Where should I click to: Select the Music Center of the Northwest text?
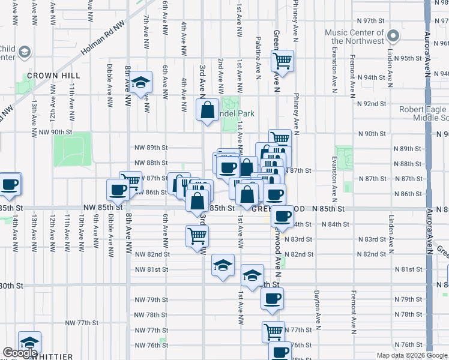click(354, 37)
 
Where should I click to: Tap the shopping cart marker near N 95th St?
click(282, 60)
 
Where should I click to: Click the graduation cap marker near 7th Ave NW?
click(141, 83)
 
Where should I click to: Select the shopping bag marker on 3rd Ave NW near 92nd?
click(207, 110)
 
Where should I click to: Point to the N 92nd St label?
click(370, 104)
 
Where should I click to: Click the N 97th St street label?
click(370, 20)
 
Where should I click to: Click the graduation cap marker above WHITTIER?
click(29, 342)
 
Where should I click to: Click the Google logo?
click(20, 353)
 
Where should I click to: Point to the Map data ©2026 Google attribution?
click(412, 355)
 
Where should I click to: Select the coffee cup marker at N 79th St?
click(271, 298)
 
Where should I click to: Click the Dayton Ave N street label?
click(316, 312)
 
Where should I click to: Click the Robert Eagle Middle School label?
click(423, 113)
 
